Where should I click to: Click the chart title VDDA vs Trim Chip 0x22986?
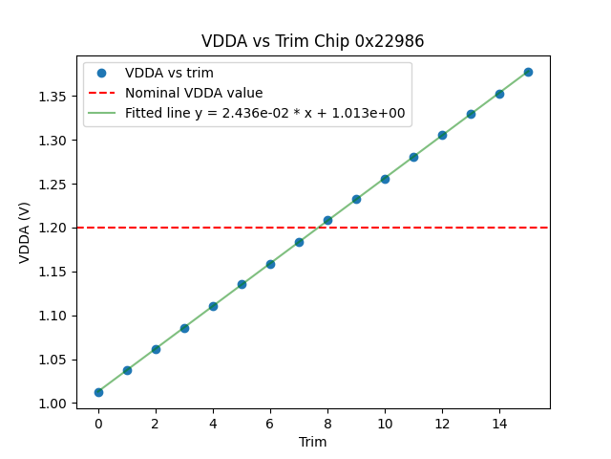click(x=312, y=41)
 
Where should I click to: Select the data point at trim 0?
click(x=98, y=392)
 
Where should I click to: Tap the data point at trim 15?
click(x=528, y=72)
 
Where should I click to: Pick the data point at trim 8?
click(x=327, y=220)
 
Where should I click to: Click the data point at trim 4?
click(x=213, y=306)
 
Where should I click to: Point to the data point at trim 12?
click(x=442, y=135)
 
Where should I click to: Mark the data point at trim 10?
click(x=385, y=179)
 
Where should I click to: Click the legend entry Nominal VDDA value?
click(x=194, y=93)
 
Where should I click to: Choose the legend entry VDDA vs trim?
click(x=169, y=73)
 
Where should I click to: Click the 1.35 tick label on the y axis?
click(x=53, y=97)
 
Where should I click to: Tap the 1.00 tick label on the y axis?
click(x=53, y=404)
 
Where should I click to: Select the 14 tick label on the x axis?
click(x=499, y=423)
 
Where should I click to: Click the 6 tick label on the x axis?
click(x=270, y=423)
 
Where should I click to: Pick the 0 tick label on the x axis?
click(x=98, y=423)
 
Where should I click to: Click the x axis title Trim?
click(x=312, y=442)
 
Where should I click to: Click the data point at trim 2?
click(x=156, y=349)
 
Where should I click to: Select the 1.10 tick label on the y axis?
click(x=53, y=316)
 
